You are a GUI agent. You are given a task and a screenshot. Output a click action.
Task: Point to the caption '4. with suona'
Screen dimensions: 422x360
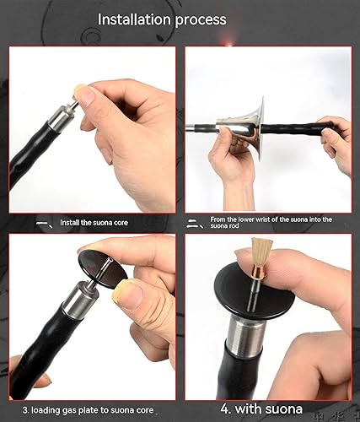[x=261, y=409]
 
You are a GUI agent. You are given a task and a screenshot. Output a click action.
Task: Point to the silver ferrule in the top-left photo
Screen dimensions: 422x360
[x=58, y=124]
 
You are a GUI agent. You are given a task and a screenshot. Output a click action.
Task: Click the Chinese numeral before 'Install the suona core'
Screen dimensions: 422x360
[x=43, y=225]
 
